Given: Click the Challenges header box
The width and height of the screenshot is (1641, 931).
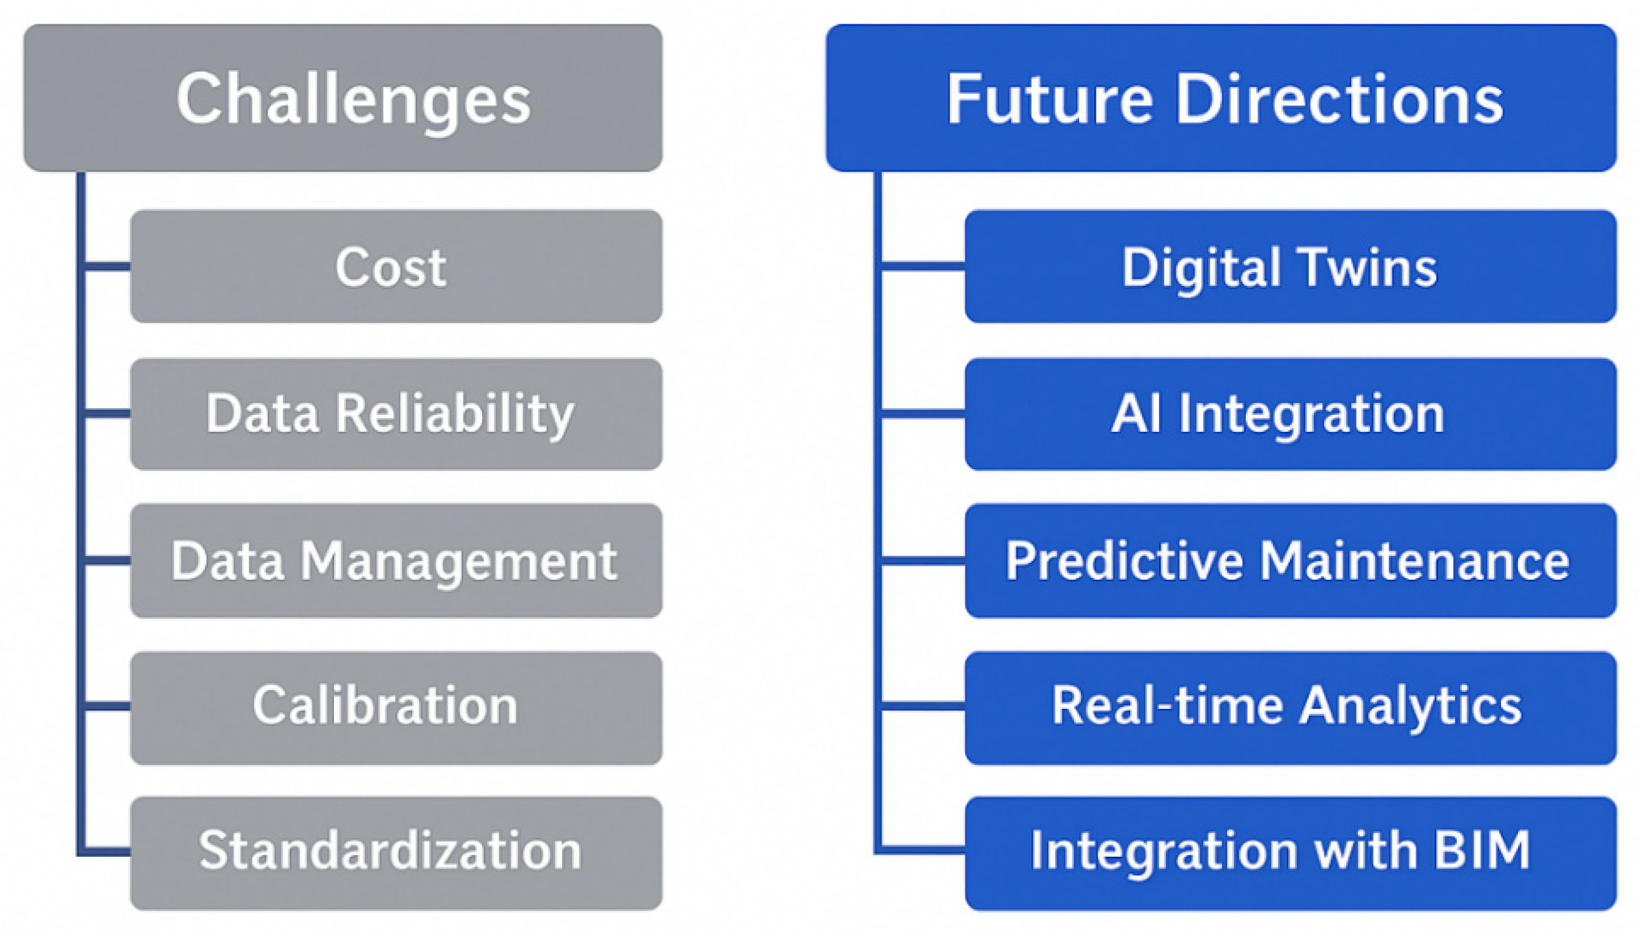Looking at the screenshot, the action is (x=343, y=98).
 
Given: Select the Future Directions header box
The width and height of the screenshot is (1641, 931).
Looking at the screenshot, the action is (x=1221, y=98).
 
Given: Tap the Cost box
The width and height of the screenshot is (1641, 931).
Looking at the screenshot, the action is (x=396, y=266).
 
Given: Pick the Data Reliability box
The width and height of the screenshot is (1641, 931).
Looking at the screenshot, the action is (x=396, y=414).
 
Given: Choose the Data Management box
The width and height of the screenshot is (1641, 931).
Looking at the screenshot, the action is (x=396, y=561).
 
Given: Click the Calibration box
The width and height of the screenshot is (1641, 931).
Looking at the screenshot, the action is (x=396, y=707).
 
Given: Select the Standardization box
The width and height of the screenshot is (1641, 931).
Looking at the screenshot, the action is (x=396, y=852).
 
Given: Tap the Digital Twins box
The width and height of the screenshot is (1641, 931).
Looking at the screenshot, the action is (x=1290, y=266).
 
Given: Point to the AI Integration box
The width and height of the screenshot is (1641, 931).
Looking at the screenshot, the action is (x=1290, y=414).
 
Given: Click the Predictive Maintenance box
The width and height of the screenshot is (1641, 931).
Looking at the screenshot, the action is (x=1290, y=561).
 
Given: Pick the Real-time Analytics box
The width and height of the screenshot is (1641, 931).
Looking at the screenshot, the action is (x=1290, y=707).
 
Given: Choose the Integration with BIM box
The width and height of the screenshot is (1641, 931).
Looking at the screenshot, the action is (x=1290, y=852).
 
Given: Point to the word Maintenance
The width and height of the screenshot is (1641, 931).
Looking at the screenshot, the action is (x=1414, y=561).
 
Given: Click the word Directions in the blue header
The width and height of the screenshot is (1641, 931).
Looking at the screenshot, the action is (x=1338, y=99).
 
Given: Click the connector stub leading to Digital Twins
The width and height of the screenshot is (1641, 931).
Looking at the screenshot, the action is (x=923, y=266).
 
